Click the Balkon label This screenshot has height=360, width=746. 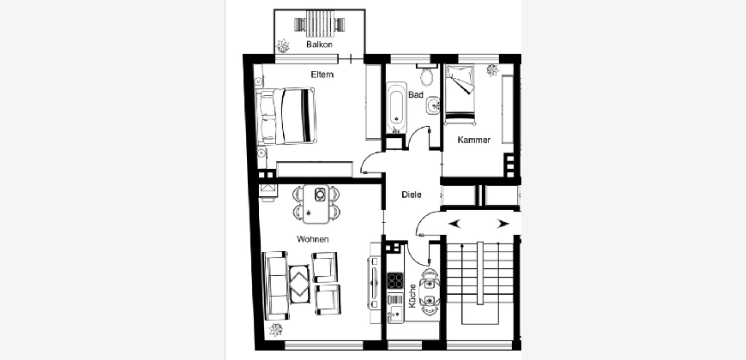tap(319, 45)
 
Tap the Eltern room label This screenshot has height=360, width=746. tap(322, 75)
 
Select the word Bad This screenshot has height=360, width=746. tap(416, 94)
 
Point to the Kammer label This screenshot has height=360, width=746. tap(474, 140)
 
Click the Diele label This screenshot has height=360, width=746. tap(412, 195)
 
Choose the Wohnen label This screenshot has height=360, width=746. tap(313, 239)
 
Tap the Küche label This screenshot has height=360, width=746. tap(412, 296)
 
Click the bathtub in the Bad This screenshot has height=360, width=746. tap(396, 108)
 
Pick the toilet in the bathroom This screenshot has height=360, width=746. tap(427, 75)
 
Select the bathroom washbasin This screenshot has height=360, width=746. tap(434, 105)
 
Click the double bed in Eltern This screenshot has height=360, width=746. tap(286, 116)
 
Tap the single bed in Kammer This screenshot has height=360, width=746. tap(460, 94)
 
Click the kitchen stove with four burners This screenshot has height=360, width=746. tap(395, 280)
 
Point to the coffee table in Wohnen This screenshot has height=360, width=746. tap(300, 284)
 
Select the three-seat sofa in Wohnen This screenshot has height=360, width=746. tap(275, 285)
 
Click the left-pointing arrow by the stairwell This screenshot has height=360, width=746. tap(454, 223)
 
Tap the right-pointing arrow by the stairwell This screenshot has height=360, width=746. tap(502, 224)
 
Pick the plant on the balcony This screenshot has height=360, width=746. tap(284, 45)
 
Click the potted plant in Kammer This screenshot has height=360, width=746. tap(492, 71)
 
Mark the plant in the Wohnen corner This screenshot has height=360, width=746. tap(275, 329)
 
